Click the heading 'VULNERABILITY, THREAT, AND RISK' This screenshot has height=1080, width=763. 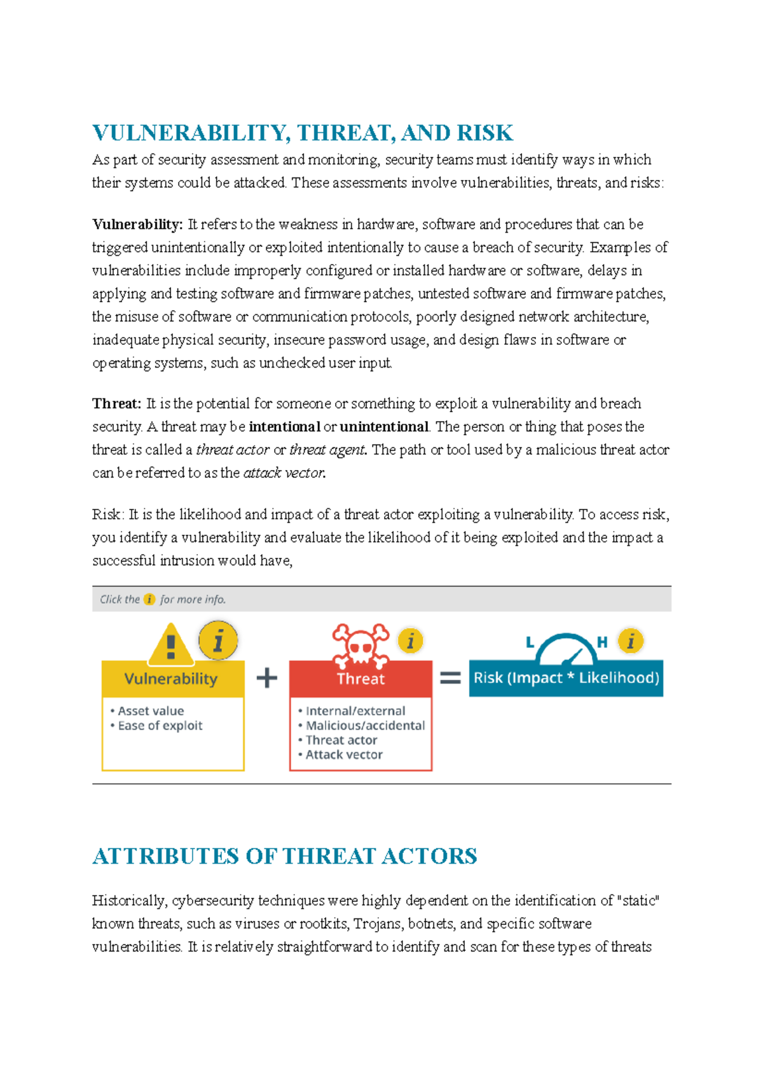pos(303,133)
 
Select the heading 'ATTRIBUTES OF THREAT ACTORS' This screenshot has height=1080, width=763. pos(284,856)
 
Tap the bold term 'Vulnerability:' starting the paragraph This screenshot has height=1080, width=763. pos(137,225)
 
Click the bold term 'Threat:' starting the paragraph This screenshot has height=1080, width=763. pos(116,404)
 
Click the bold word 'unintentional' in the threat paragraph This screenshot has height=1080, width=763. pos(384,427)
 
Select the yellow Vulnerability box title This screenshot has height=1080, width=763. pos(172,679)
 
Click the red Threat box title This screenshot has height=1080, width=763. pos(361,679)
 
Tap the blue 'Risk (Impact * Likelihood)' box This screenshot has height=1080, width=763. pos(566,678)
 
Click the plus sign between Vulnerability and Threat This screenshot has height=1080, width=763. pos(267,678)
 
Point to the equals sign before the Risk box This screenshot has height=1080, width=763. pos(450,678)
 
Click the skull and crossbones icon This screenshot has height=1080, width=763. pos(361,644)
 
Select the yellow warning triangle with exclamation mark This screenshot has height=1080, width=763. pos(170,645)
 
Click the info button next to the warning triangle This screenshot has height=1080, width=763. pos(218,640)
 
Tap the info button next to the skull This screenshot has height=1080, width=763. pos(411,641)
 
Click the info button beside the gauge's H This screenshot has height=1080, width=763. pos(631,641)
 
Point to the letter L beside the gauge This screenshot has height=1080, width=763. pos(530,642)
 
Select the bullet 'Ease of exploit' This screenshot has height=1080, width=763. pos(160,726)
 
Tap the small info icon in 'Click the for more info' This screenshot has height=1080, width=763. pos(149,599)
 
